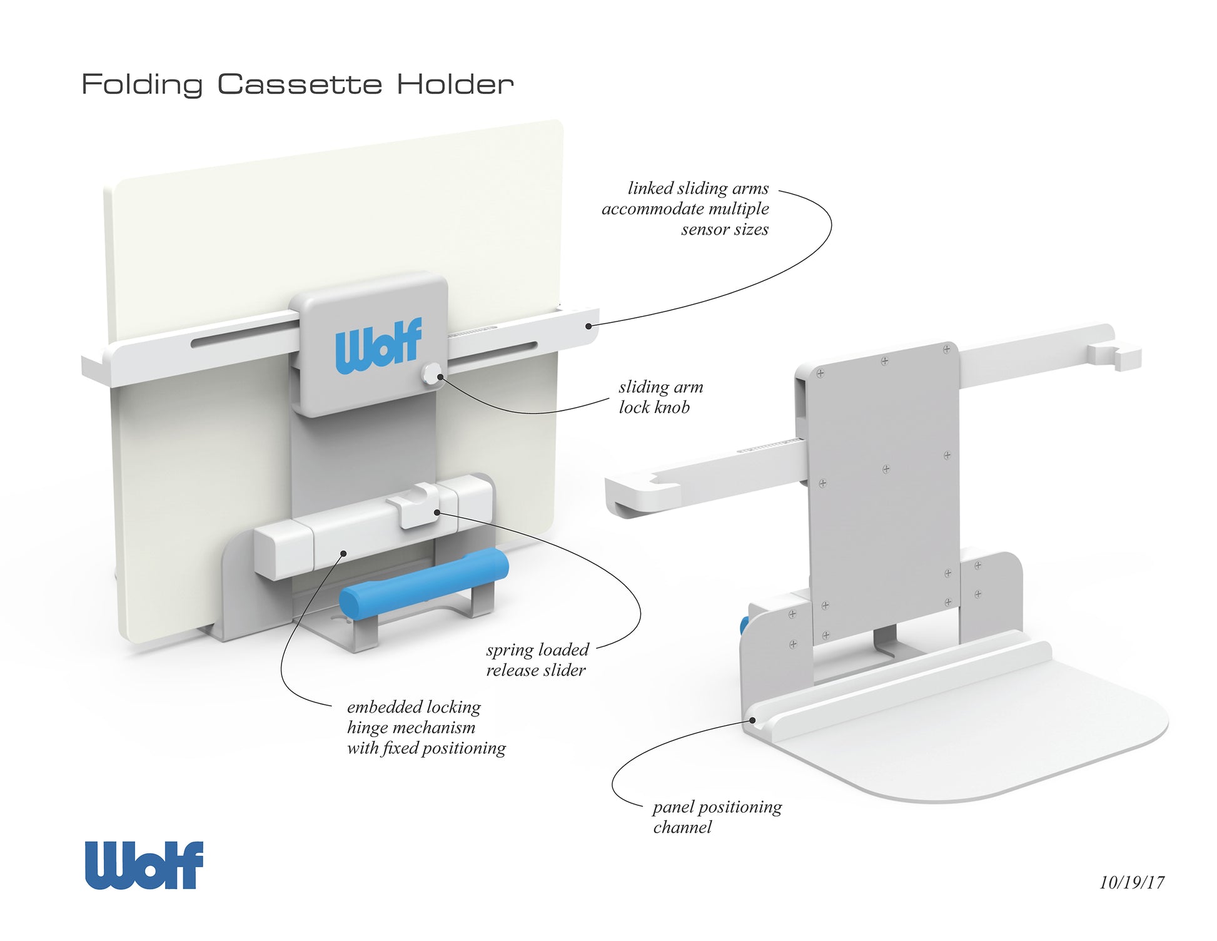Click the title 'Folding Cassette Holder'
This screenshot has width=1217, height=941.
click(297, 84)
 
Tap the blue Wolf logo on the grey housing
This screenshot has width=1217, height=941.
click(378, 345)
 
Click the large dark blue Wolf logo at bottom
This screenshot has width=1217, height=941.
click(144, 865)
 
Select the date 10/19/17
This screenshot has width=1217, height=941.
click(1132, 882)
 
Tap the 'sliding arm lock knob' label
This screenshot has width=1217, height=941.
click(660, 397)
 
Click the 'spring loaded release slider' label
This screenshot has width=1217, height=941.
click(537, 660)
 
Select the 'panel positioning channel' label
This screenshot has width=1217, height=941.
click(717, 817)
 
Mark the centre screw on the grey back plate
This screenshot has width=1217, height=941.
click(886, 469)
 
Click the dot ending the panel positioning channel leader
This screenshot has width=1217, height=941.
click(753, 720)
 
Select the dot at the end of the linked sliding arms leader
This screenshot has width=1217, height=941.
click(588, 325)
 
